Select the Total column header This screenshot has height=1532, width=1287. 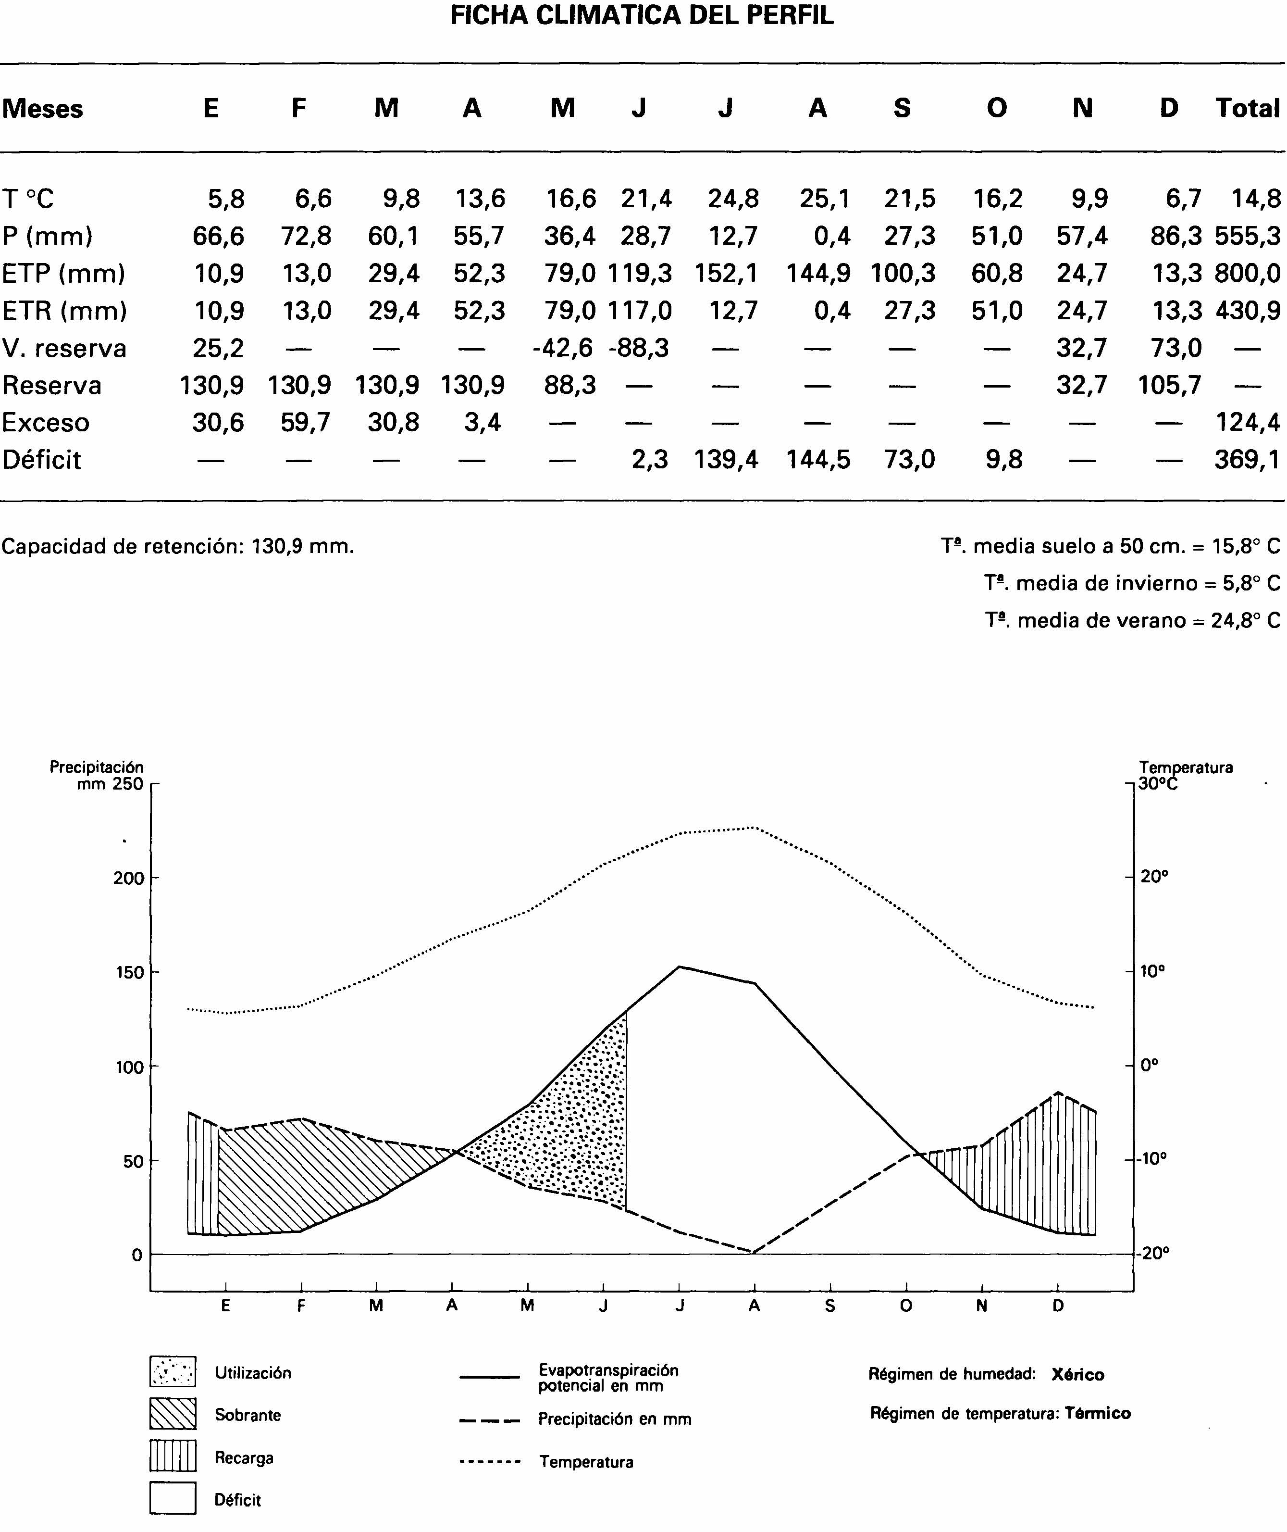coord(1247,108)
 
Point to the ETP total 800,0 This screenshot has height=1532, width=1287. coord(1247,274)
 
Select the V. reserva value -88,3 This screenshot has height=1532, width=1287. coord(639,348)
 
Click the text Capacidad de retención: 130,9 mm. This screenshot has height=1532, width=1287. coord(178,547)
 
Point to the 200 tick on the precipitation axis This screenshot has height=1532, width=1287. coord(128,878)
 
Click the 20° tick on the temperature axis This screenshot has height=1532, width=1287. coord(1154,877)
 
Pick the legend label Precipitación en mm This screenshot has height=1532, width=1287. coord(614,1419)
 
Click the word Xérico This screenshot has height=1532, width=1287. coord(1077,1375)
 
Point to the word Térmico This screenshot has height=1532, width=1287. coord(1097,1414)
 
